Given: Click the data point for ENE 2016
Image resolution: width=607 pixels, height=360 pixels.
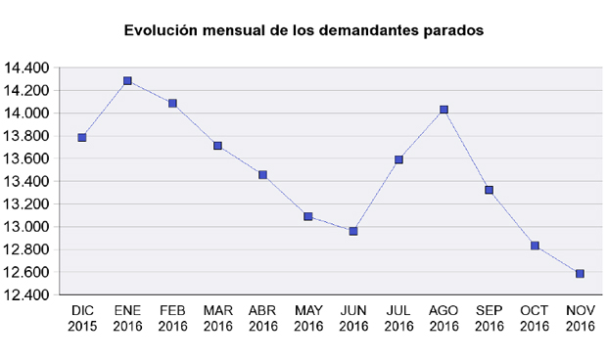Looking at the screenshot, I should (127, 81).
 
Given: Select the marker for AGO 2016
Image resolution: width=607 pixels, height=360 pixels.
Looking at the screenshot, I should (444, 110).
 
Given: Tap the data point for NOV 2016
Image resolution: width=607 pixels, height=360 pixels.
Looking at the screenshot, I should (580, 274).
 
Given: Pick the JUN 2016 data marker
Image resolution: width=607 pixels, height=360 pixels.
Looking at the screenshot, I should (353, 231).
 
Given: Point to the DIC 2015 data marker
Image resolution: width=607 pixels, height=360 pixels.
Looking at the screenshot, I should (82, 138).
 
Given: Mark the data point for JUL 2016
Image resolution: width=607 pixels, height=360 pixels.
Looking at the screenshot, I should (398, 159).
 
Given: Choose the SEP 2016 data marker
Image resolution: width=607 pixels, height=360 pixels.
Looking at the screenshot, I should (489, 190).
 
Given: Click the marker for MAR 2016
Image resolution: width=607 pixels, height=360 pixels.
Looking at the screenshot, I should (217, 146).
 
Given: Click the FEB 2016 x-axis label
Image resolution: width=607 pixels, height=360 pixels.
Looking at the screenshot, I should (172, 319).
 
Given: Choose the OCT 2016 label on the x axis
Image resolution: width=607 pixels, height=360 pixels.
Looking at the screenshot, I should (535, 319).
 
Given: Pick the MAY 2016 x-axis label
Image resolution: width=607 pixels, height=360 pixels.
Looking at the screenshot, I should (308, 319).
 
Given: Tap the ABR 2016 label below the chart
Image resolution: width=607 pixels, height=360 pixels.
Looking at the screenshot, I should (263, 319).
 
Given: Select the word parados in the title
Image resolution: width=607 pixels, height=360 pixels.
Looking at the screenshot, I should (451, 30).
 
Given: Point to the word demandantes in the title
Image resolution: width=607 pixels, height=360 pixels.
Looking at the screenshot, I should (367, 30).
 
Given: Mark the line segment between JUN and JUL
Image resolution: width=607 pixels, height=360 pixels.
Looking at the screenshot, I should (376, 196).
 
